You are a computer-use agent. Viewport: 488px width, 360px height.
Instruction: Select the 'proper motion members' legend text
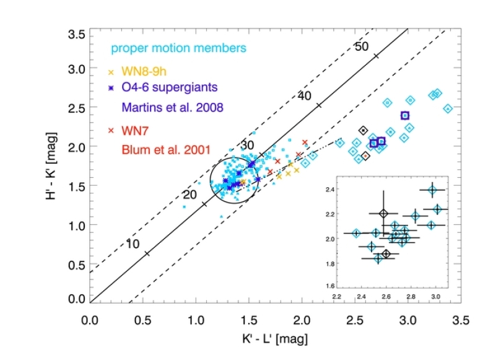pos(178,48)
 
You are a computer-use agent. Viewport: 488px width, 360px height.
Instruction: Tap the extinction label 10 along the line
pos(131,244)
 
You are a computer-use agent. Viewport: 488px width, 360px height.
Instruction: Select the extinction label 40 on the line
pos(303,97)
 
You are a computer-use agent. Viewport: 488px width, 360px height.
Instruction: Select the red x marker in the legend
pos(111,131)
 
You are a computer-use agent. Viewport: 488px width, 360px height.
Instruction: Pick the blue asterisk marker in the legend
pos(111,89)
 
